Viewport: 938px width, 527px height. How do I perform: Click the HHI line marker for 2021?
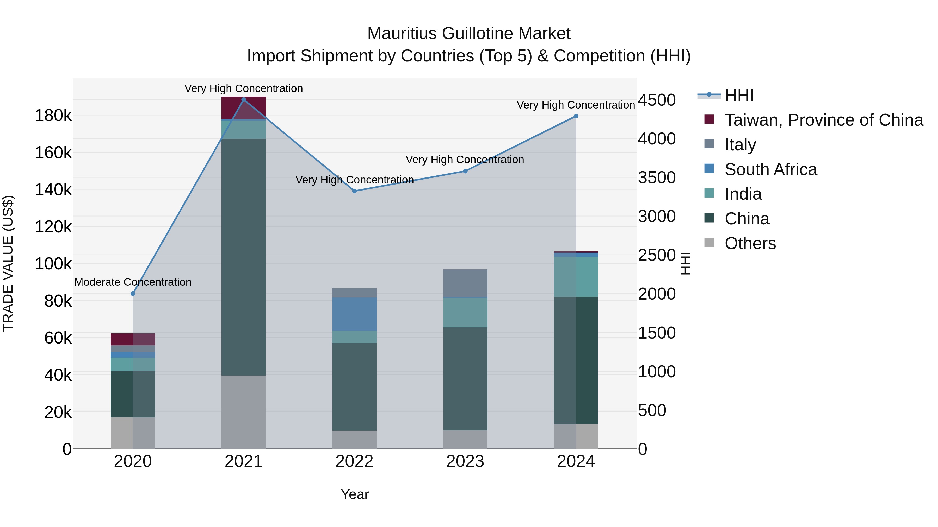coord(244,100)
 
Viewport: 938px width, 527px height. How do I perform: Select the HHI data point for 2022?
coord(354,191)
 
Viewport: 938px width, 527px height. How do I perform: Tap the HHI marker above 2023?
coord(465,171)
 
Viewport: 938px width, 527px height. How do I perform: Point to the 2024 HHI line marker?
coord(576,116)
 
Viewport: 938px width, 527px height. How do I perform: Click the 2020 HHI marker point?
coord(133,294)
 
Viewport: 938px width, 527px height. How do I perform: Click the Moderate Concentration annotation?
coord(133,282)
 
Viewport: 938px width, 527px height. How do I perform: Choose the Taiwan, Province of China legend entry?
coord(824,120)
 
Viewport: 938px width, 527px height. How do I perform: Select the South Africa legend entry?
coord(770,169)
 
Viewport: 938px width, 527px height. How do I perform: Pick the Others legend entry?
coord(750,243)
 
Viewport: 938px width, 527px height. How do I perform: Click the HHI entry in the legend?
coord(739,95)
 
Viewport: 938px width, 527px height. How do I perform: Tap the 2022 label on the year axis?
coord(354,461)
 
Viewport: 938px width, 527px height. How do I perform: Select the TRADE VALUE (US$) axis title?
coord(8,263)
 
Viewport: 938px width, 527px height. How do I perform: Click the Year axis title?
coord(355,494)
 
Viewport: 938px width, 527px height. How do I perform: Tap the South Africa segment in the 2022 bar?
coord(354,314)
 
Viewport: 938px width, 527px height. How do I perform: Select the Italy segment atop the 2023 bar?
coord(465,283)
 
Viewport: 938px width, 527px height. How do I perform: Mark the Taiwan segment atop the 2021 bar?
coord(244,108)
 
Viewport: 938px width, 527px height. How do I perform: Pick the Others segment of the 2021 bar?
coord(244,412)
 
